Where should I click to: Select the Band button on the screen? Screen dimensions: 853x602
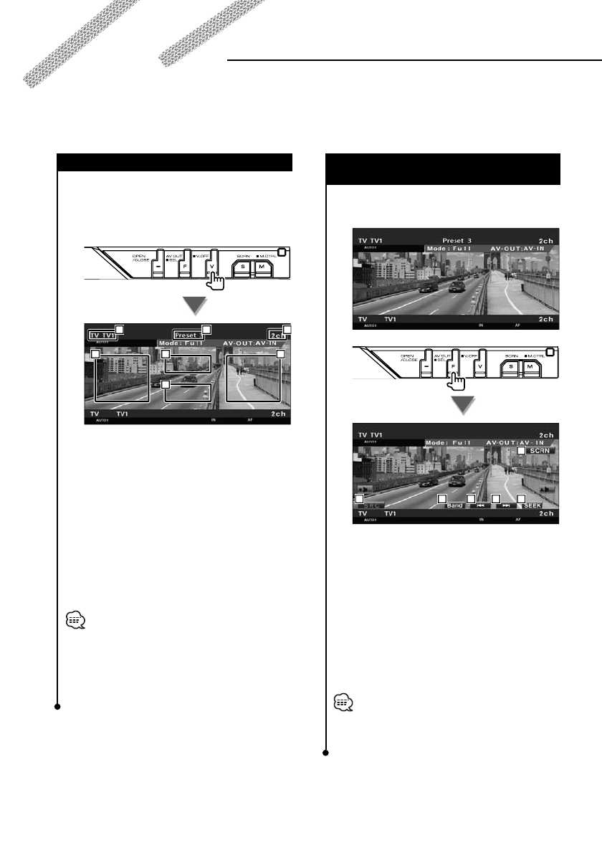454,505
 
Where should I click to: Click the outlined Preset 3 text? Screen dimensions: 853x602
186,335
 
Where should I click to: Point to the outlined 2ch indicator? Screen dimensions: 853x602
279,335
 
